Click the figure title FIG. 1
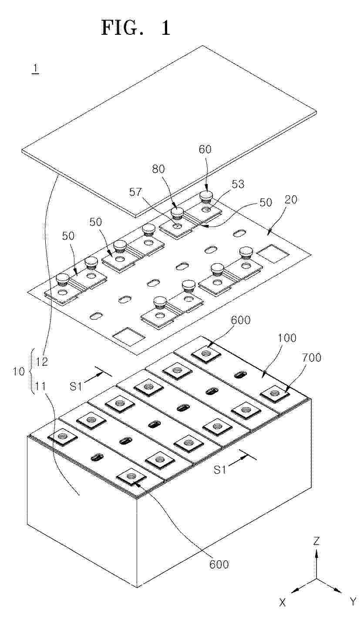pos(135,28)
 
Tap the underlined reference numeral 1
pos(35,69)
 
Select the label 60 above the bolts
pos(205,149)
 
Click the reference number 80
pos(158,169)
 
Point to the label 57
pos(135,192)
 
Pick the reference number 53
pos(238,184)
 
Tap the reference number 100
pos(287,338)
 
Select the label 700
pos(312,358)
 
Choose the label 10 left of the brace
pos(19,371)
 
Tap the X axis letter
pos(282,610)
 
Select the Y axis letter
pos(353,609)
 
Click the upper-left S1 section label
pos(76,386)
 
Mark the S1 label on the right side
pos(220,469)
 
